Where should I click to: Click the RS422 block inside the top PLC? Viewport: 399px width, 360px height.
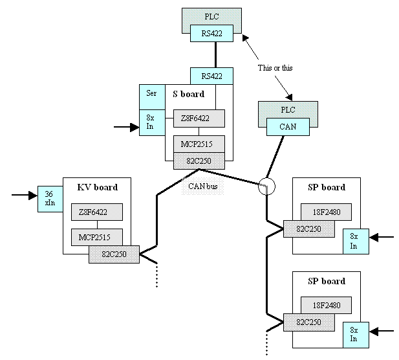click(x=211, y=33)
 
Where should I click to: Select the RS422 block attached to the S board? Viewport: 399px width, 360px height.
click(x=211, y=76)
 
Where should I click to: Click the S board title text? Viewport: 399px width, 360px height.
click(x=188, y=94)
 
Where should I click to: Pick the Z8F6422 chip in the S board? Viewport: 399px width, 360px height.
click(x=199, y=118)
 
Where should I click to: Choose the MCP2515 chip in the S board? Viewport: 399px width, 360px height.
click(x=199, y=143)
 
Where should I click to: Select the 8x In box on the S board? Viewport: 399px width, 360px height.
click(x=151, y=122)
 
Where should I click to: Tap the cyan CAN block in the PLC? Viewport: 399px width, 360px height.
click(x=288, y=127)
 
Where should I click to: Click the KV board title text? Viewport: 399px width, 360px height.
click(x=97, y=188)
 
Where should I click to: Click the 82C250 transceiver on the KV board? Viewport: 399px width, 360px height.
click(x=114, y=255)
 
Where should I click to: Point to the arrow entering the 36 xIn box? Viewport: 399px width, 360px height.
click(x=25, y=194)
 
